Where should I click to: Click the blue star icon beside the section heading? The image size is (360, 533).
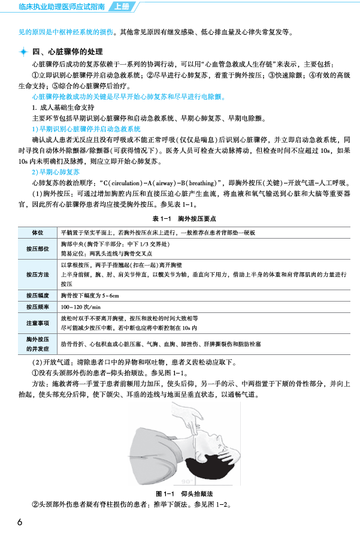pyautogui.click(x=23, y=52)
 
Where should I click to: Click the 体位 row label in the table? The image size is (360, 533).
pyautogui.click(x=37, y=232)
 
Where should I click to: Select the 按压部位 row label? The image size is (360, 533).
pyautogui.click(x=37, y=248)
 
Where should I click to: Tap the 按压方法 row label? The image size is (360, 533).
pyautogui.click(x=37, y=275)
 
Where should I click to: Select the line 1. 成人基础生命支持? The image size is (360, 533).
pyautogui.click(x=65, y=107)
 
